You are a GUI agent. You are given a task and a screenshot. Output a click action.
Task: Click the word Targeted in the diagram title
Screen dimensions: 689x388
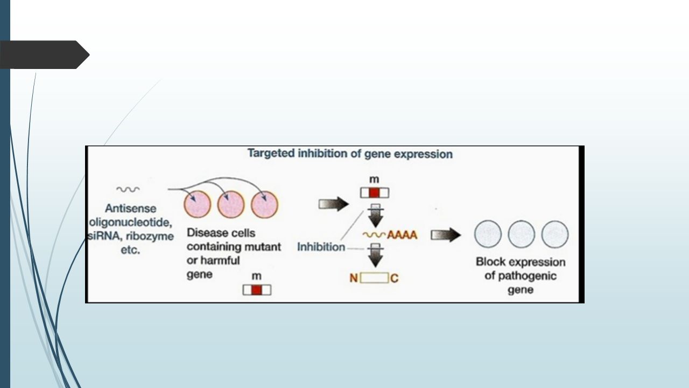point(271,153)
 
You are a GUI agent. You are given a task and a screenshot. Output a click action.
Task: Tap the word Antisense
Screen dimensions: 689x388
point(130,209)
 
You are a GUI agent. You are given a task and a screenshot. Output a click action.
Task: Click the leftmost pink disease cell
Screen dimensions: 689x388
point(198,204)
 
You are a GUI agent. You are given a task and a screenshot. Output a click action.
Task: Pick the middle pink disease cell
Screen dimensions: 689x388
point(231,204)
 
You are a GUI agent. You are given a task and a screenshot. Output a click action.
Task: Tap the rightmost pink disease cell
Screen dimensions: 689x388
point(264,205)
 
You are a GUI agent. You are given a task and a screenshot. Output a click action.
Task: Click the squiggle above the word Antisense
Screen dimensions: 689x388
point(128,189)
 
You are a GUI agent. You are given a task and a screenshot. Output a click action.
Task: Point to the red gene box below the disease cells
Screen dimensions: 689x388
point(257,290)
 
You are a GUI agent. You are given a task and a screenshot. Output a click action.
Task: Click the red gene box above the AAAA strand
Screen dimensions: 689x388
point(374,193)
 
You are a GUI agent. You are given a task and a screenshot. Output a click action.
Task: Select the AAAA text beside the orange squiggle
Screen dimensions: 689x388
point(402,235)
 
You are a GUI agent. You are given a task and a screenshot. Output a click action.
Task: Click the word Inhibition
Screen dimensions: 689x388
point(321,247)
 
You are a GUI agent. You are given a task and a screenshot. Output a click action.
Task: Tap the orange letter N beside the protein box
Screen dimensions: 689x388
point(354,279)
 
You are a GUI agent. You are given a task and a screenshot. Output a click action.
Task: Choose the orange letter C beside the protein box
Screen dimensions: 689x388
point(395,279)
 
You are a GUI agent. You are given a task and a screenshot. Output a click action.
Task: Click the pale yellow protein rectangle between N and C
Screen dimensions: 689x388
point(374,278)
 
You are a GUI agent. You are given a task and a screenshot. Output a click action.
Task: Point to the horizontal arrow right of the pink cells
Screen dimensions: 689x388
point(334,204)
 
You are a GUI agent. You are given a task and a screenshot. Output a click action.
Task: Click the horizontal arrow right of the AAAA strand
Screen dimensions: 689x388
point(446,235)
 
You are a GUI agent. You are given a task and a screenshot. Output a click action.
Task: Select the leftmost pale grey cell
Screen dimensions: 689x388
point(488,234)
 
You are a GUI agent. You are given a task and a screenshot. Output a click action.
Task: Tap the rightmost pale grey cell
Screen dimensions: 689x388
point(555,234)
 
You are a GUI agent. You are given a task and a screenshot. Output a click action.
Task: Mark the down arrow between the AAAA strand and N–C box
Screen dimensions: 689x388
point(375,255)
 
